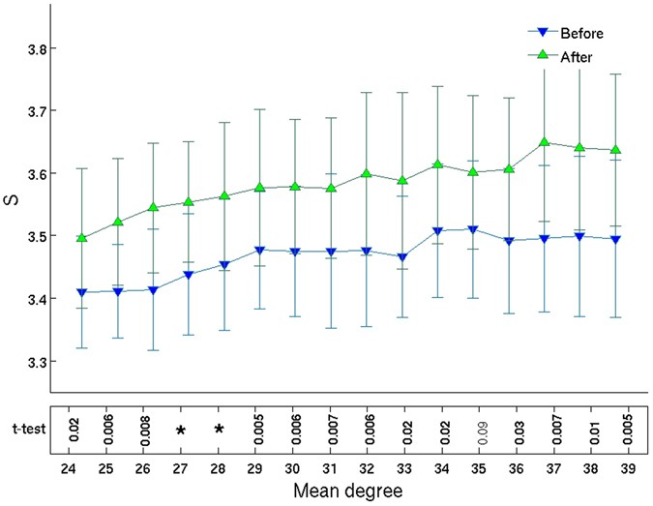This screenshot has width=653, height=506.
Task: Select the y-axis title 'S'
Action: tap(13, 202)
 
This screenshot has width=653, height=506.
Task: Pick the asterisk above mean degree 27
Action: tap(181, 430)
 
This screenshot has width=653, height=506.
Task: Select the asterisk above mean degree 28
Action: tap(219, 430)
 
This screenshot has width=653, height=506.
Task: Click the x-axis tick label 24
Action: tap(68, 467)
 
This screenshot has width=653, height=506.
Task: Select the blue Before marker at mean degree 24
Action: tap(82, 292)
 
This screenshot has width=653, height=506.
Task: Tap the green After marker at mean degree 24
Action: tap(82, 237)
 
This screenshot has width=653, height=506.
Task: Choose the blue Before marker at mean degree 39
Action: tap(617, 239)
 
